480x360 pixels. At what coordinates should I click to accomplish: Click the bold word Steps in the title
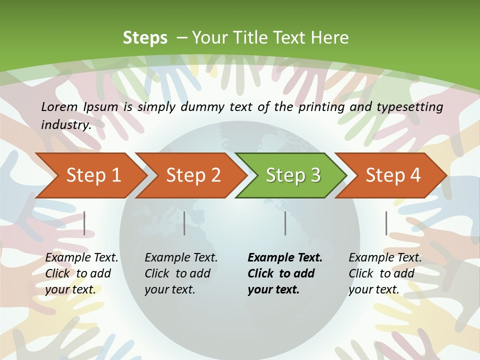click(x=145, y=38)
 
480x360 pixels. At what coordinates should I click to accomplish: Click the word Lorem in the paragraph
click(x=59, y=106)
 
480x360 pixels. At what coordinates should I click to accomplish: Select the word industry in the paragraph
click(x=65, y=125)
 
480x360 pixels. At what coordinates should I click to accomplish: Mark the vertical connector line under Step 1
click(x=84, y=223)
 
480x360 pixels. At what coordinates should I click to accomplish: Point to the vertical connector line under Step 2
click(x=184, y=223)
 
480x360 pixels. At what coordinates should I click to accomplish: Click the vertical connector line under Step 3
click(x=285, y=223)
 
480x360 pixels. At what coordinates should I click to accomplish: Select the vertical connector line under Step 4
click(x=386, y=223)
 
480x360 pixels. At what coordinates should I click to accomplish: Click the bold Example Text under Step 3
click(x=285, y=258)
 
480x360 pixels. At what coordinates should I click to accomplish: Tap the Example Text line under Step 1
click(x=81, y=258)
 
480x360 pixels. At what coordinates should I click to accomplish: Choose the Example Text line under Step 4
click(x=385, y=258)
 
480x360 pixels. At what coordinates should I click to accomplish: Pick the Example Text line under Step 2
click(x=181, y=258)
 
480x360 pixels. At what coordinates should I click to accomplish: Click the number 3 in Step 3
click(x=315, y=175)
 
